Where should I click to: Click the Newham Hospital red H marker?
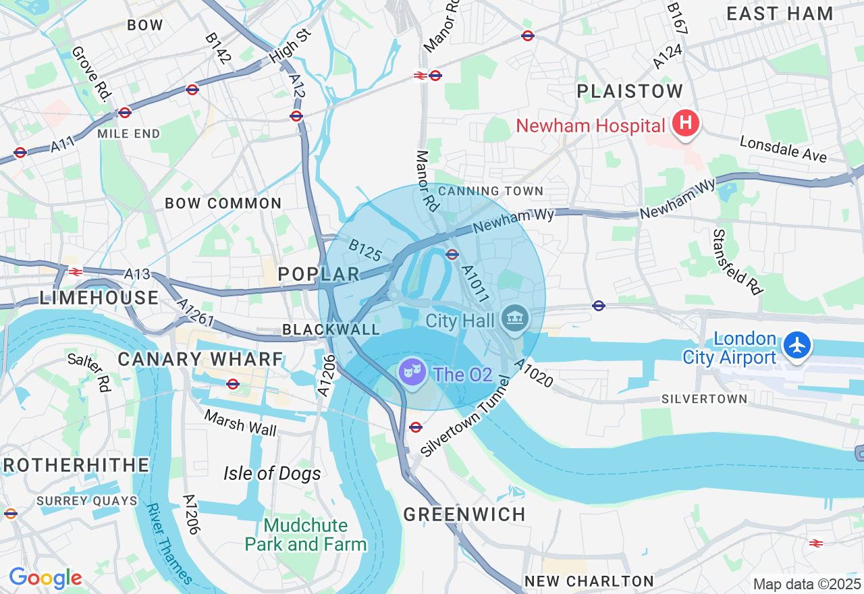[x=686, y=125]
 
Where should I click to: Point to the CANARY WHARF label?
[x=200, y=359]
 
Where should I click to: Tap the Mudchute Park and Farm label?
[x=306, y=535]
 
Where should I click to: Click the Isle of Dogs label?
[x=272, y=473]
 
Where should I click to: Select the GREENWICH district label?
[x=464, y=514]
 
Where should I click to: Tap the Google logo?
[x=45, y=578]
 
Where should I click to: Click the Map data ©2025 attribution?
[x=807, y=584]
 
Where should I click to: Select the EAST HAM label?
[x=780, y=13]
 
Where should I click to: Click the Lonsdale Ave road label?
[x=783, y=148]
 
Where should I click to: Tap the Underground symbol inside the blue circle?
[x=452, y=254]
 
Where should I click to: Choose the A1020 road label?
[x=533, y=373]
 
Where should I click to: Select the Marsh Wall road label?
[x=240, y=423]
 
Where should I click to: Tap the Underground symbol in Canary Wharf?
[x=233, y=384]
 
